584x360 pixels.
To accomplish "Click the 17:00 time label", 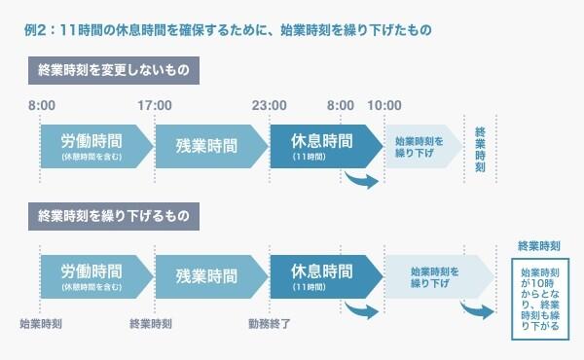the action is pos(156,105).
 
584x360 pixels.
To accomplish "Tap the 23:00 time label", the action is pos(270,105).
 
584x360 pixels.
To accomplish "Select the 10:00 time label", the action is pos(385,105).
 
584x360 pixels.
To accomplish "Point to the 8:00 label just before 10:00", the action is pos(341,105).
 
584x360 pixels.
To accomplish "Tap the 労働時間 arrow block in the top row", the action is pos(92,146).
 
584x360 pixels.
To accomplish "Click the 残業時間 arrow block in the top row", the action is pos(206,146).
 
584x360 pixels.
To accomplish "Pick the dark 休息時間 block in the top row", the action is pos(321,146).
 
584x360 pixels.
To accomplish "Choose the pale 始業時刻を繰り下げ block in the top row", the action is pos(421,146).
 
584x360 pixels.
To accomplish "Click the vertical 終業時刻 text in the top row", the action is pos(480,148).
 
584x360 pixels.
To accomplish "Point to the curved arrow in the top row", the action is pos(359,178).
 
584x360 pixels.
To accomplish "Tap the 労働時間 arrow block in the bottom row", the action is pos(92,275).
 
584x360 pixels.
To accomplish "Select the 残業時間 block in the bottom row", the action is pos(206,275).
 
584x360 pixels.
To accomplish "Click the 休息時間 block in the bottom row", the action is pos(321,275).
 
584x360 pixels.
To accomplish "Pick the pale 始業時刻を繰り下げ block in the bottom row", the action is pos(428,275).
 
